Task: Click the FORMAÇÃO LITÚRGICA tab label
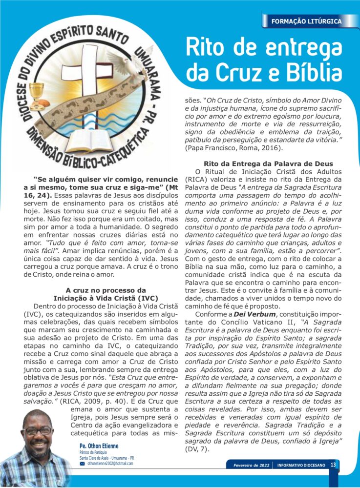[306, 21]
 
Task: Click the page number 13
[333, 465]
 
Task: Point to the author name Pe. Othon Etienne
[99, 446]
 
